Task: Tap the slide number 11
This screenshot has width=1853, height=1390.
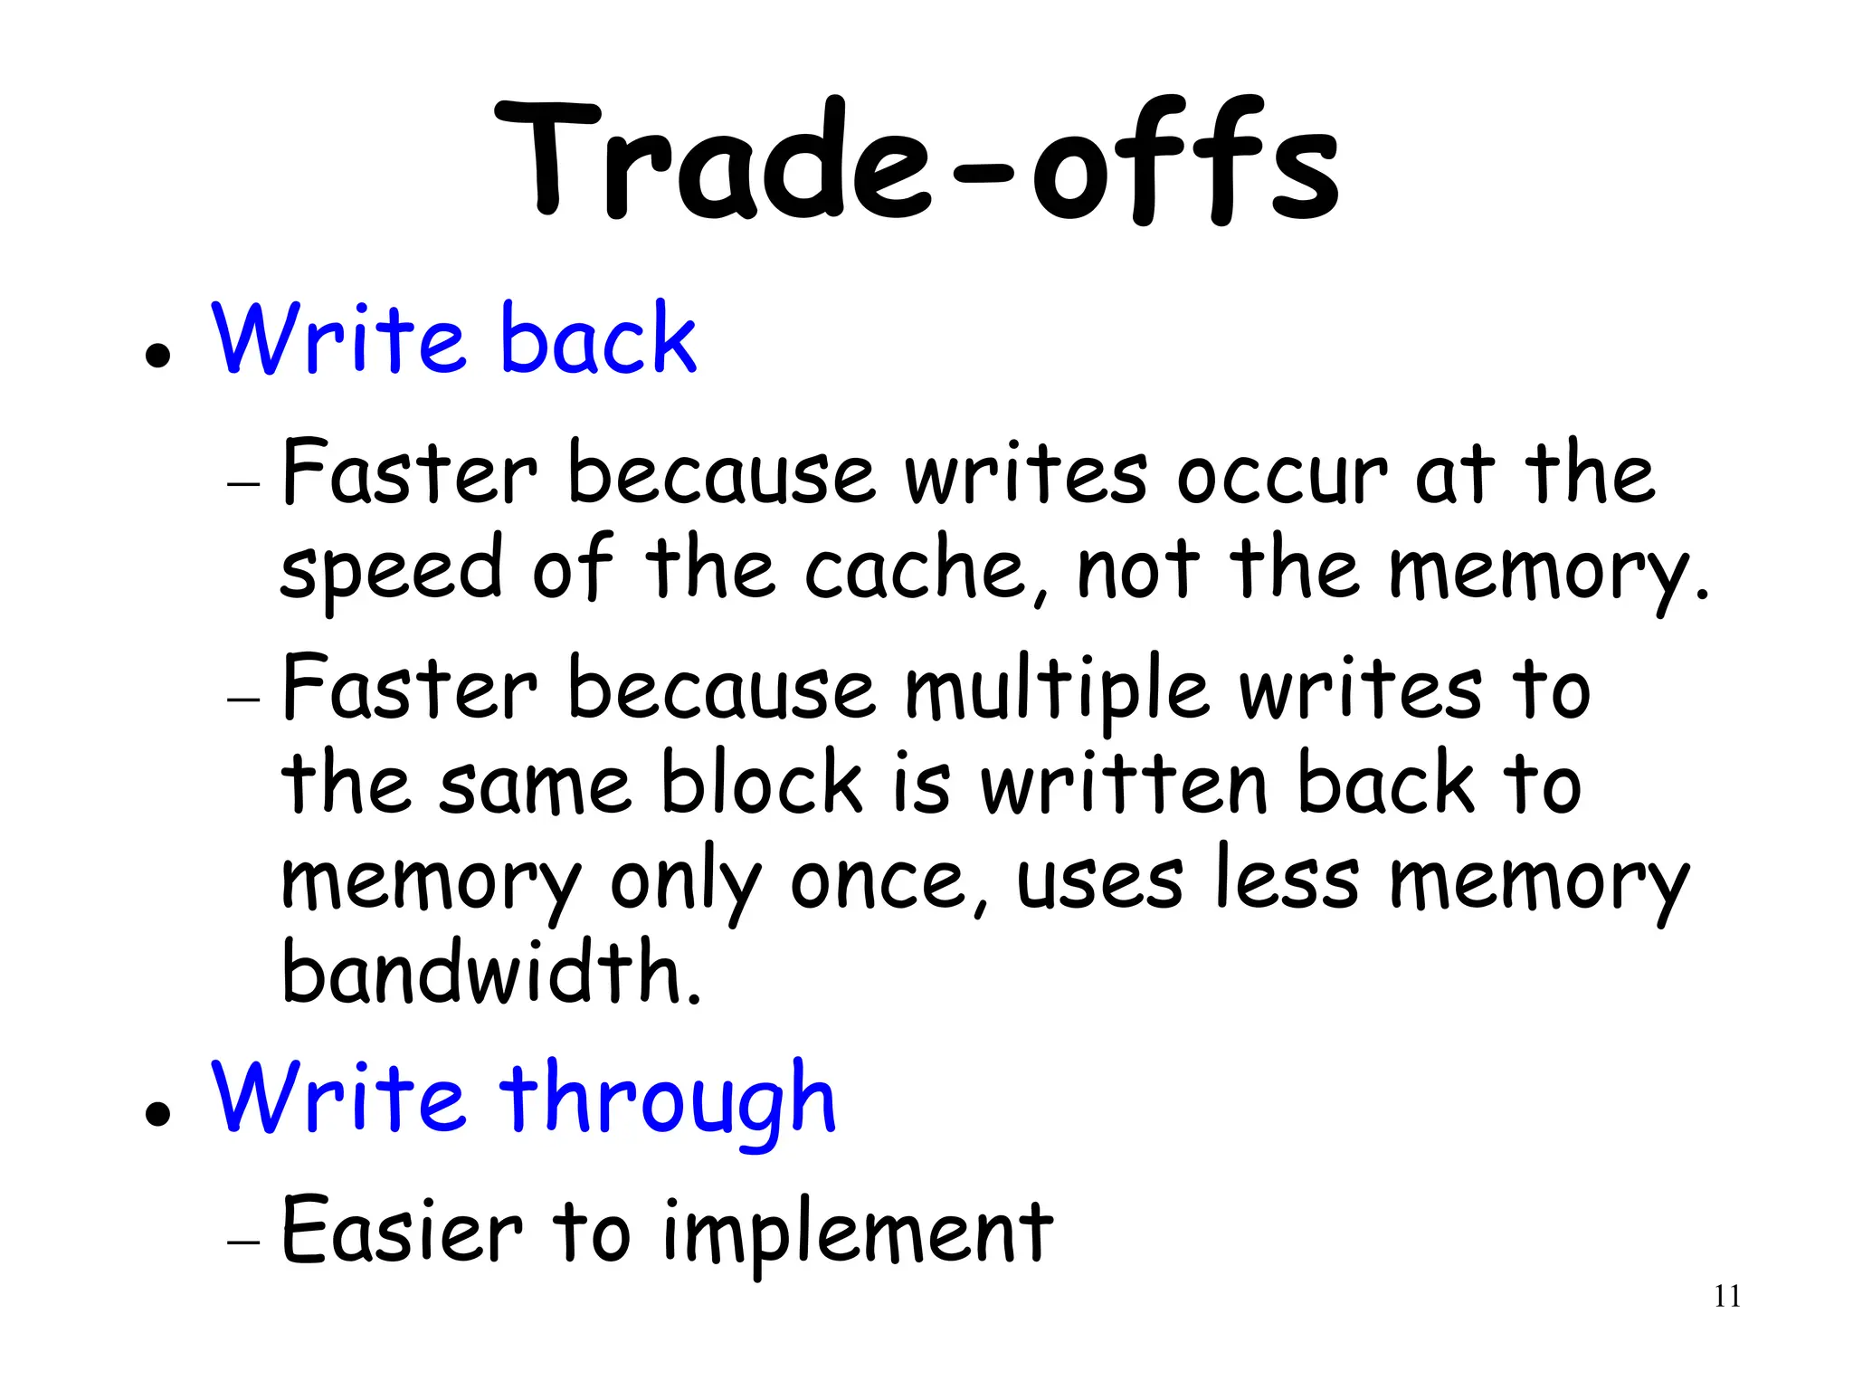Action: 1726,1297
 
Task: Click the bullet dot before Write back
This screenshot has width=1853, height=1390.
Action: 157,356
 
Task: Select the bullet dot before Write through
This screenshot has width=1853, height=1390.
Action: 157,1114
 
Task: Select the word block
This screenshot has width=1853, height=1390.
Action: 761,783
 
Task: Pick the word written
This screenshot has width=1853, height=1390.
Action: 1125,784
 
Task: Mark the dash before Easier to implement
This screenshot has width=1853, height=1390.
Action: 243,1243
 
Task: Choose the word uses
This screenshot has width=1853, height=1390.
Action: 1099,881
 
